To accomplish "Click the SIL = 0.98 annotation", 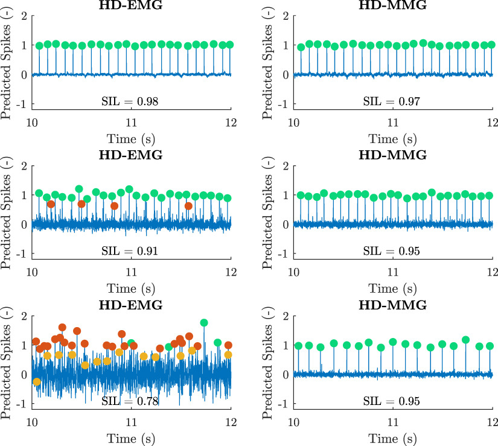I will [131, 100].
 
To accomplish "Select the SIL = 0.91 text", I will [131, 250].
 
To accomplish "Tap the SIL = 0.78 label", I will [131, 401].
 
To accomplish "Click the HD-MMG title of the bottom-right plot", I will [393, 305].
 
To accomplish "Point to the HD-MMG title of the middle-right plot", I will [393, 155].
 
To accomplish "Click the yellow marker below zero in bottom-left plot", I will [37, 382].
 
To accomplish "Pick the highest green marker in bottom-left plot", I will [204, 323].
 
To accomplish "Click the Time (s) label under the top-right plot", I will [393, 138].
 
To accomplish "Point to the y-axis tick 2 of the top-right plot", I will [286, 16].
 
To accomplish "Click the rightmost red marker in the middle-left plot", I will [188, 206].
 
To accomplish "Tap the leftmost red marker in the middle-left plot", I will [51, 204].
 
